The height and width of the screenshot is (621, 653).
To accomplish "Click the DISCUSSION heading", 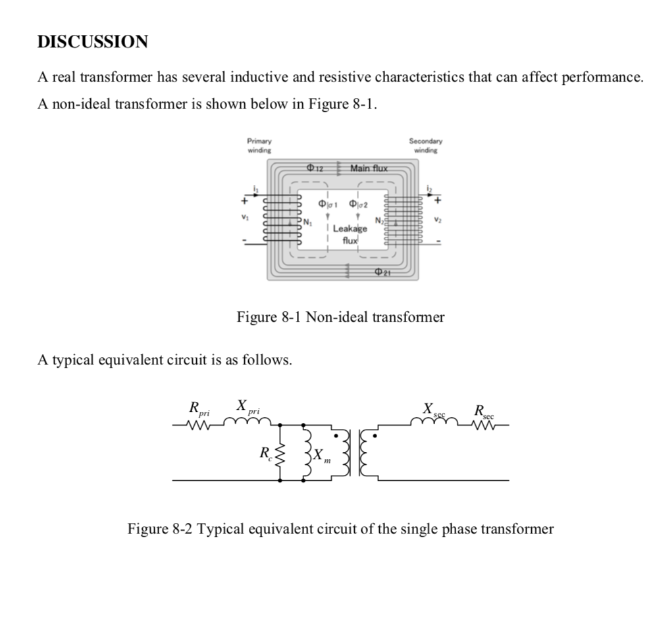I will click(x=93, y=43).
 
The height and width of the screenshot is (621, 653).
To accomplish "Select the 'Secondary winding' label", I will click(x=426, y=144).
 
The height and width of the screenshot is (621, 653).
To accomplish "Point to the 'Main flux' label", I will click(x=370, y=168).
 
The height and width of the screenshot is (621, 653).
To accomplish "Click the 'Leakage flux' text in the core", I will click(x=350, y=234).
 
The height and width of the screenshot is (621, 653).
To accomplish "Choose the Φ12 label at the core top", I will click(x=317, y=168).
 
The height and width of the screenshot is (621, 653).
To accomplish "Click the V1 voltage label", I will click(x=246, y=218).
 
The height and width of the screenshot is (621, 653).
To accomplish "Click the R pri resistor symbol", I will click(x=198, y=426).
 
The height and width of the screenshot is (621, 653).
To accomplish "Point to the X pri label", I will click(x=248, y=407).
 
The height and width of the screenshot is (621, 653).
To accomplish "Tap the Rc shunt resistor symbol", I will click(x=282, y=453).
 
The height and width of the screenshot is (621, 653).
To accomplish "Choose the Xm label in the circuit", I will click(x=321, y=455).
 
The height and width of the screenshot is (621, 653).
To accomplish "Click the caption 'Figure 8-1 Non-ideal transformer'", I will click(x=340, y=318).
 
